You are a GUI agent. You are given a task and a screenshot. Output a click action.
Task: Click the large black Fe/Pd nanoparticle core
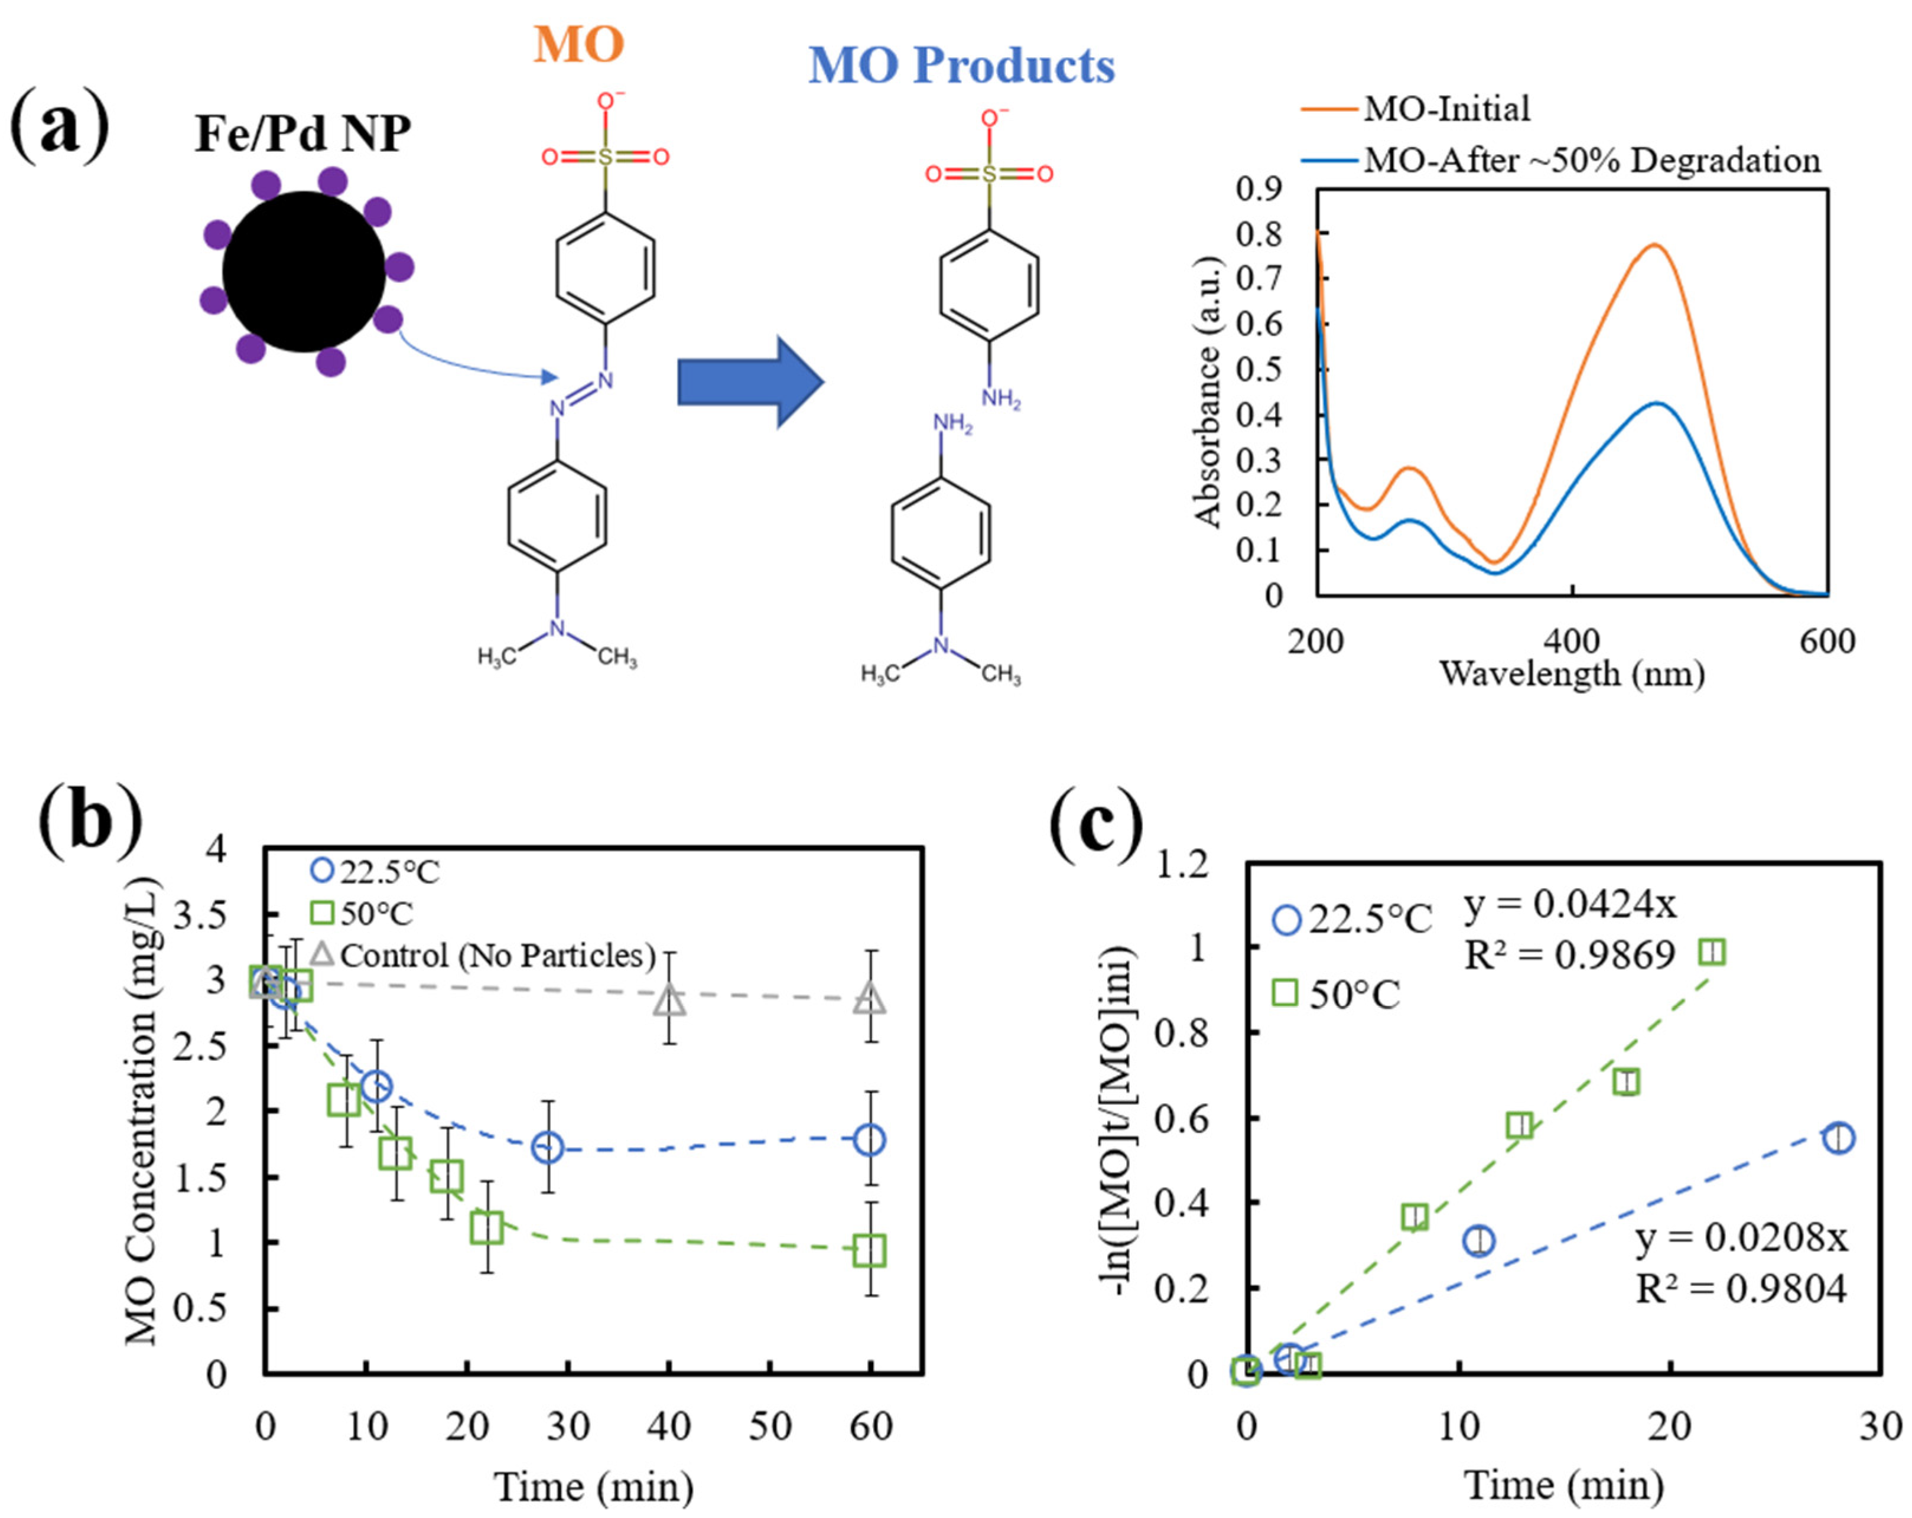click(303, 271)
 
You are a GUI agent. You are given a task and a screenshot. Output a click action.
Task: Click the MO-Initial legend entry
click(1446, 109)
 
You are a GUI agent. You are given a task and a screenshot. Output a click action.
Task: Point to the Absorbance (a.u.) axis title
click(1208, 392)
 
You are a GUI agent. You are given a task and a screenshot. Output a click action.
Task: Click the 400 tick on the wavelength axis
click(1572, 641)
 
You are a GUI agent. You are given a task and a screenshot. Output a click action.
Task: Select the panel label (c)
click(1096, 821)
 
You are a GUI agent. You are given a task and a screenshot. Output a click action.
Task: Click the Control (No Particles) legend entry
click(497, 955)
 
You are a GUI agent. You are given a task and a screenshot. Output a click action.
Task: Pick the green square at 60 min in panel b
click(869, 1250)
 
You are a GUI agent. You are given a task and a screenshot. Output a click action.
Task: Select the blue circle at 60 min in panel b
click(869, 1141)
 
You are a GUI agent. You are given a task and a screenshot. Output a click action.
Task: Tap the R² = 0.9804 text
click(1741, 1288)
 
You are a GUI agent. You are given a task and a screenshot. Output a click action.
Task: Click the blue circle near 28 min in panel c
click(1838, 1138)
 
